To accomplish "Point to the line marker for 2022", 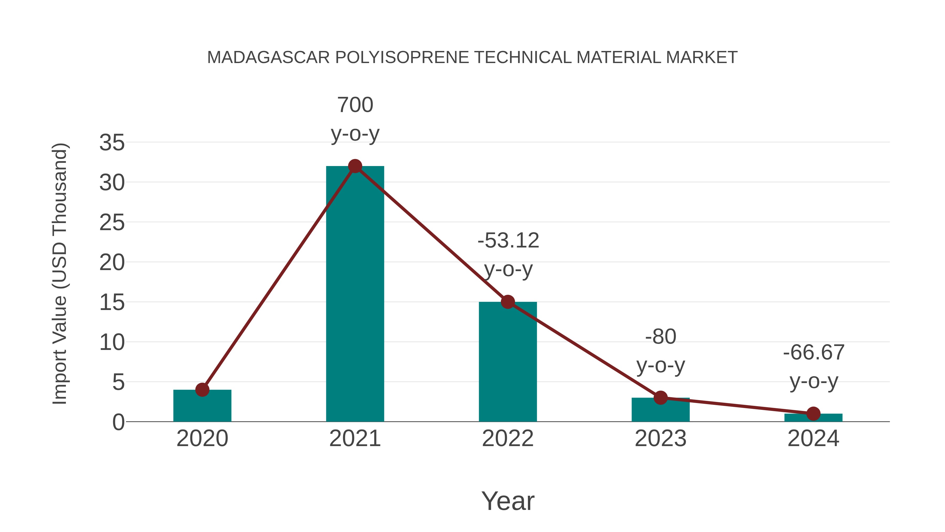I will point(508,302).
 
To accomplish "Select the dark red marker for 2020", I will point(202,390).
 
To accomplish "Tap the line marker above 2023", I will point(660,398).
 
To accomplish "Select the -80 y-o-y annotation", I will point(660,351).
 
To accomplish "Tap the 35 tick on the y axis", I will point(112,142).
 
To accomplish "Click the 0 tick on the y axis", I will point(118,422).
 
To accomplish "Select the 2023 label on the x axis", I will point(660,438).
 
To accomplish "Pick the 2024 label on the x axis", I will point(813,438).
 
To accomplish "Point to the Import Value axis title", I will point(59,273).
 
